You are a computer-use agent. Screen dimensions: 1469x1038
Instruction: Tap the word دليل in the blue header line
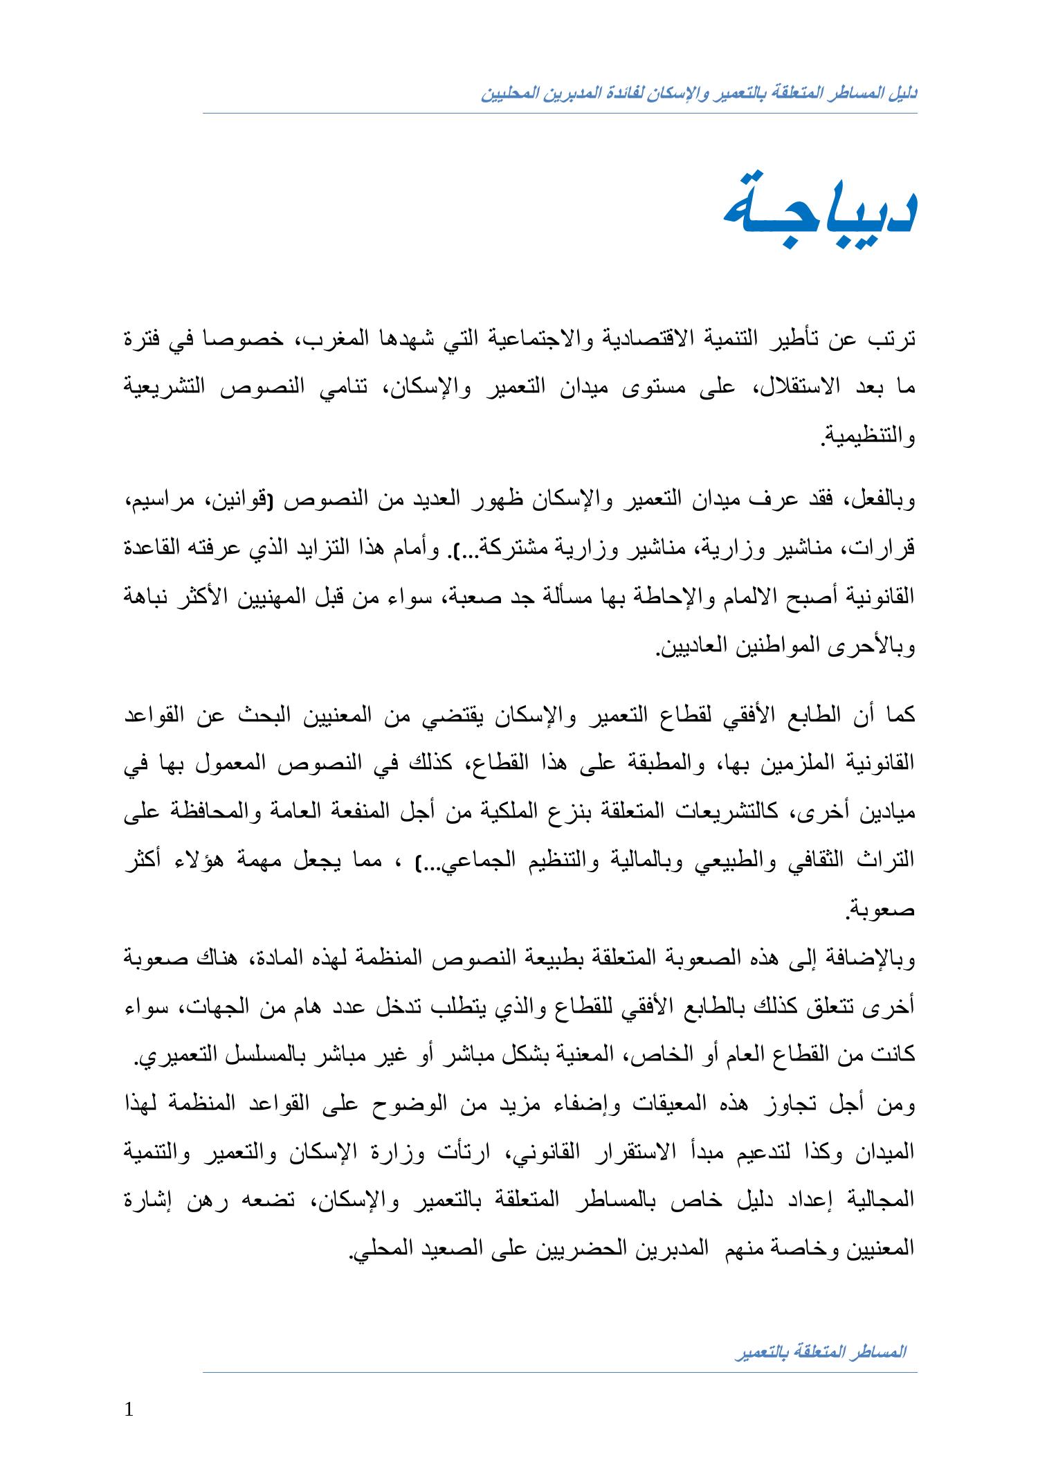[904, 93]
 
